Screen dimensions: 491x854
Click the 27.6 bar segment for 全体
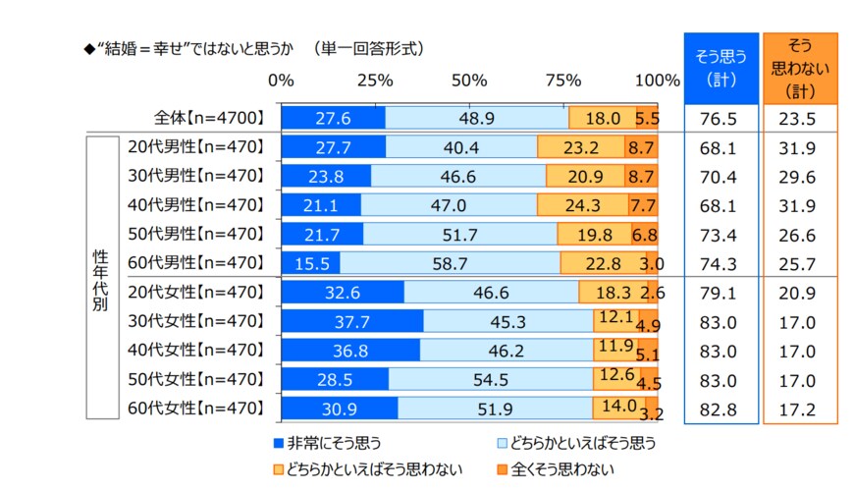coord(333,118)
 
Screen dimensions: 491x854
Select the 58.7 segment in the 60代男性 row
coord(450,263)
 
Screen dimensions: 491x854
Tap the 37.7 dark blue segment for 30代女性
coord(351,321)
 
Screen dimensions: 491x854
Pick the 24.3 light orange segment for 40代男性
coord(583,205)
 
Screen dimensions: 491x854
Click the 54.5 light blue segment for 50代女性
coord(490,379)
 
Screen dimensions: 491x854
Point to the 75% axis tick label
coord(563,79)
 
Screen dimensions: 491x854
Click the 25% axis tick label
coord(375,79)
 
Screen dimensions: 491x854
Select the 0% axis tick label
coord(282,79)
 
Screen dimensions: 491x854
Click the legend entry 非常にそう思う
coord(333,443)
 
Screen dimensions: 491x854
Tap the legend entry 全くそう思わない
coord(555,469)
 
